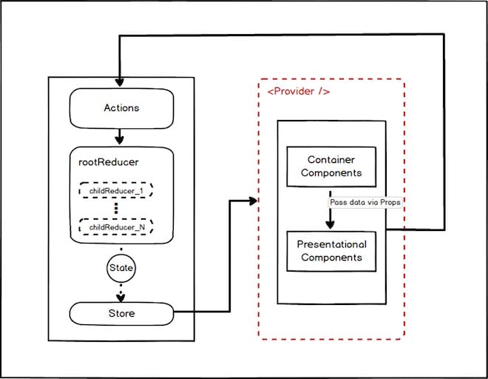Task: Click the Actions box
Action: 121,108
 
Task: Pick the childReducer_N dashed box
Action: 116,227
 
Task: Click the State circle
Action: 121,267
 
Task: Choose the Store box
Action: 121,313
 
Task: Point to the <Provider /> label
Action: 298,92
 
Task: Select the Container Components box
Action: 331,167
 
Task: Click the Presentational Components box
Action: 331,250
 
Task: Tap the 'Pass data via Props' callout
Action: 365,201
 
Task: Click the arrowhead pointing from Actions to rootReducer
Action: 121,138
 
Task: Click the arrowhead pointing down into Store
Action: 121,298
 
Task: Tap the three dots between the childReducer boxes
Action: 116,209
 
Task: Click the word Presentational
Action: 331,244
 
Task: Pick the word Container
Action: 331,160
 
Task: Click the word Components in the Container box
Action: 331,173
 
